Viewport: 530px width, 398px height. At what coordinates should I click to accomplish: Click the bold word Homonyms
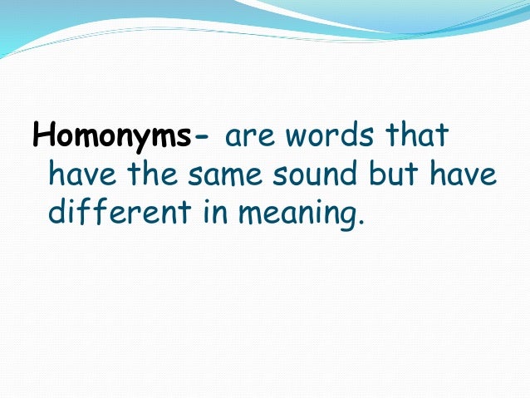tap(111, 135)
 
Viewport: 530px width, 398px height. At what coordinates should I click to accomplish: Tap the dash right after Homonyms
tap(204, 138)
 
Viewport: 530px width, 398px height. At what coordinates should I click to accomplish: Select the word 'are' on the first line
tap(245, 138)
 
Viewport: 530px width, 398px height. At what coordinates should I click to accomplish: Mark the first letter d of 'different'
tap(56, 214)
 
